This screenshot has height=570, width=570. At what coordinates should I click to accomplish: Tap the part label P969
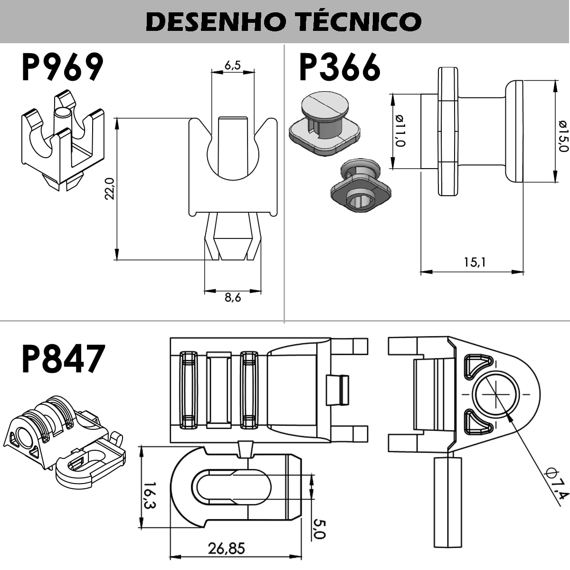coord(62,67)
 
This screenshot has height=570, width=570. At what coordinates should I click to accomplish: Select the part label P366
coord(339,67)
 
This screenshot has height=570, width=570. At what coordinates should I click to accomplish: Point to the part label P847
coord(63,359)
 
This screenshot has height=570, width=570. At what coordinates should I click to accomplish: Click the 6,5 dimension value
coord(232,66)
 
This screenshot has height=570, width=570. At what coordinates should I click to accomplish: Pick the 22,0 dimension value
coord(109,189)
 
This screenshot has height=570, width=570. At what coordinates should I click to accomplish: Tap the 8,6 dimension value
coord(233,298)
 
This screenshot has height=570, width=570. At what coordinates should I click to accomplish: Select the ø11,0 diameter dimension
coord(399,131)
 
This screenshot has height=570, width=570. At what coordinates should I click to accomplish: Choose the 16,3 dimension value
coord(149,495)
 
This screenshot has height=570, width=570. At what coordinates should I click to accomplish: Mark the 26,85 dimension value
coord(227,548)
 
